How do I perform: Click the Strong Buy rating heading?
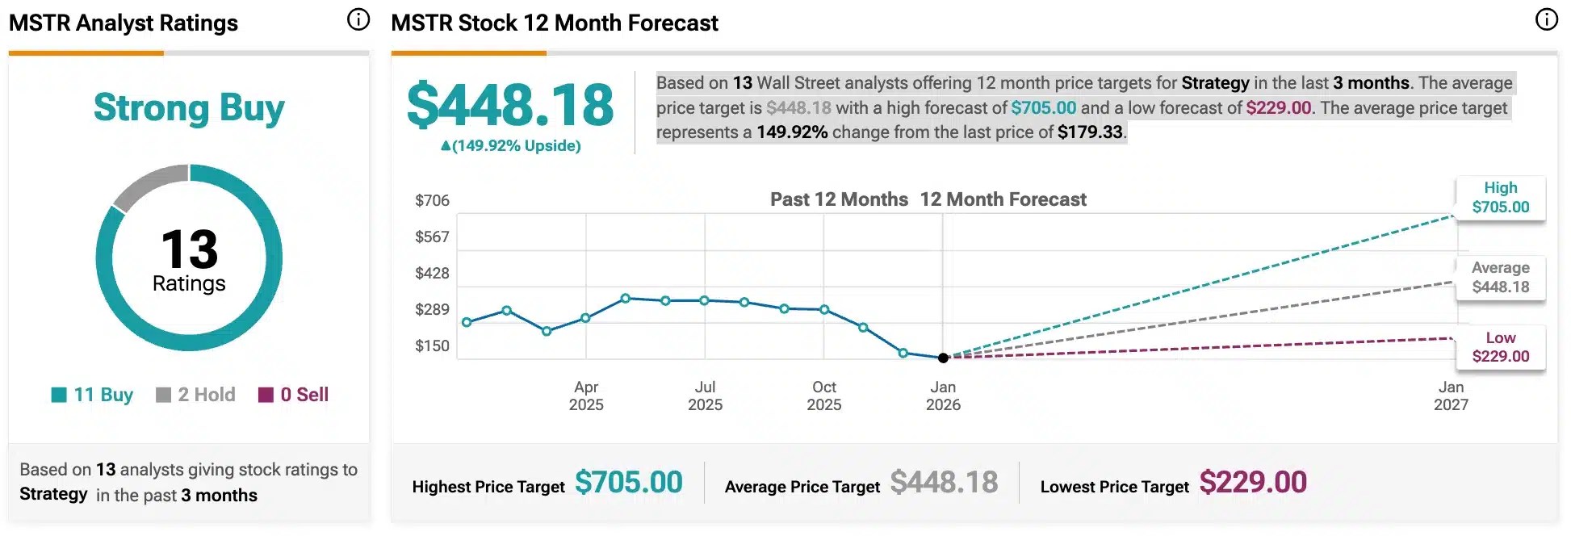tap(189, 108)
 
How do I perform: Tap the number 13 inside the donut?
tap(189, 249)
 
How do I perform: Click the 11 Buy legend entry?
tap(92, 395)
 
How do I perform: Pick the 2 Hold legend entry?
tap(195, 395)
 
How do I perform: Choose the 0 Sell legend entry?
tap(293, 395)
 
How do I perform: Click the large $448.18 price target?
tap(510, 105)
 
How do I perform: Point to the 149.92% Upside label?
tap(510, 146)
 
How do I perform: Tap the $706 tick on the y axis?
tap(432, 200)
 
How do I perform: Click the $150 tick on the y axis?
tap(432, 345)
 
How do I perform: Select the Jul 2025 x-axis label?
tap(705, 396)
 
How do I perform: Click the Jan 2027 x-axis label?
tap(1451, 396)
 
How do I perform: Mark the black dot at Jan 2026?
tap(943, 358)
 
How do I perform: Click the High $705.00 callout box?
tap(1500, 198)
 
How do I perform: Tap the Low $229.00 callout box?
tap(1500, 347)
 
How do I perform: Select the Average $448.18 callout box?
tap(1500, 278)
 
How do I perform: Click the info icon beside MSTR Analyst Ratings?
tap(358, 19)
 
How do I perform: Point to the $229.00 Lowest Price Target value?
tap(1253, 483)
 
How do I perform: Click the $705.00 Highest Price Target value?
tap(628, 483)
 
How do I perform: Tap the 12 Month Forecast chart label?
tap(1003, 199)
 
